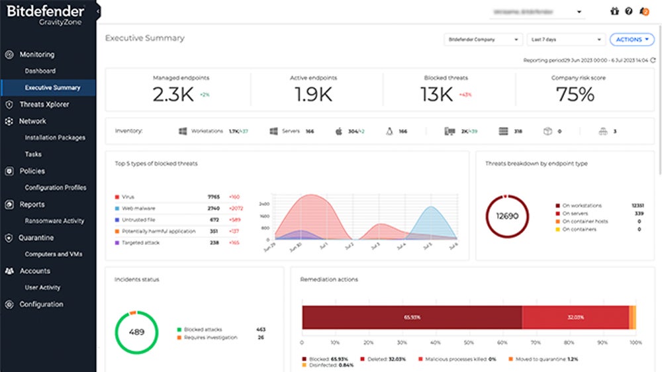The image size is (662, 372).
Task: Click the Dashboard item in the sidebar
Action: pos(40,71)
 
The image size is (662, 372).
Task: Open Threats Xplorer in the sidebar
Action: pos(44,105)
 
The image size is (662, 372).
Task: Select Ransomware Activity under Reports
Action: pos(54,221)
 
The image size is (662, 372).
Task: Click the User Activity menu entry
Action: pos(42,288)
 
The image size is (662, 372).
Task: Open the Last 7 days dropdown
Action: pos(566,40)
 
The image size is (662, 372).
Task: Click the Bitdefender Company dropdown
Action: pos(483,40)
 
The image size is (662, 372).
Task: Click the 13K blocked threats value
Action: pos(437,95)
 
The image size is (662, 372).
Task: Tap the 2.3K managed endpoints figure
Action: pos(173,95)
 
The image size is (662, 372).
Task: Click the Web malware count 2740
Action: pos(213,209)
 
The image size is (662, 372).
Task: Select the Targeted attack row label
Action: pos(142,243)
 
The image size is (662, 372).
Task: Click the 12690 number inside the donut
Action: pos(506,216)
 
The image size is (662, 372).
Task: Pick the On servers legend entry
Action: pos(575,214)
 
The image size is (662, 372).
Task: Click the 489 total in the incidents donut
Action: pos(136,333)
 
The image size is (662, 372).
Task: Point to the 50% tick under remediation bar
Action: pos(469,343)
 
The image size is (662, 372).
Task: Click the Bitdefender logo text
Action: pos(46,11)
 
